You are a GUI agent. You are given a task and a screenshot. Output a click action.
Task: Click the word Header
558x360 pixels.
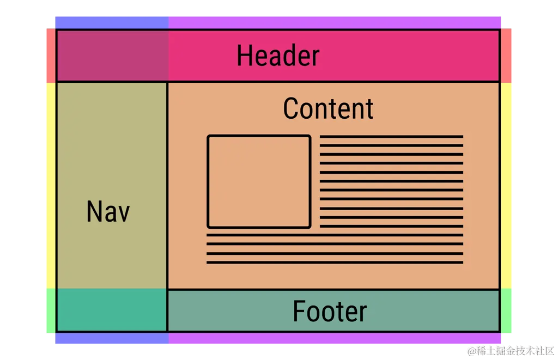[x=278, y=56]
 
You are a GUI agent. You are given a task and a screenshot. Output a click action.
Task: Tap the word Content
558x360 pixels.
[x=328, y=108]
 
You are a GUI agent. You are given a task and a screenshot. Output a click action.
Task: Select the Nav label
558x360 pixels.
[x=108, y=211]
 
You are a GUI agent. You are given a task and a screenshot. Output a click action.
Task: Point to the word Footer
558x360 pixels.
[x=330, y=311]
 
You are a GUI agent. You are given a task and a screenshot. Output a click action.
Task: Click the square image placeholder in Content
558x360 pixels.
[x=259, y=181]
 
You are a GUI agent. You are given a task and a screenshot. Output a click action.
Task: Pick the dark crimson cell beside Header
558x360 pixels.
[x=112, y=56]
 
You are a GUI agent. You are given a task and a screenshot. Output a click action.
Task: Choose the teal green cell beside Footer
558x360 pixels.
[x=112, y=310]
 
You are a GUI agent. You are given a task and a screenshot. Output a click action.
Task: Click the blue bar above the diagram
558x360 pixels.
[x=112, y=22]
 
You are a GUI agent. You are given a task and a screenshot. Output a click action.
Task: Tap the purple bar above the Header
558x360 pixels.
[x=334, y=22]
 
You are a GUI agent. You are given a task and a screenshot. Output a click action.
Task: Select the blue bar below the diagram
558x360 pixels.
[x=112, y=338]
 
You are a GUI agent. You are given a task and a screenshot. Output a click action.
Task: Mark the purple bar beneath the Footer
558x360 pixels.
[x=334, y=338]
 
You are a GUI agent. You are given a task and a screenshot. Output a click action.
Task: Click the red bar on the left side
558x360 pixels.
[x=50, y=55]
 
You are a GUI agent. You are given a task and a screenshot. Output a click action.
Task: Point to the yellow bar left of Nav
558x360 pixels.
[x=50, y=185]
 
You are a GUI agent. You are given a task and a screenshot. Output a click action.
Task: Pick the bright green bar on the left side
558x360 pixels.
[x=50, y=310]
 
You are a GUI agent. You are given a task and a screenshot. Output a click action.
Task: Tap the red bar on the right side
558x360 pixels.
[x=506, y=55]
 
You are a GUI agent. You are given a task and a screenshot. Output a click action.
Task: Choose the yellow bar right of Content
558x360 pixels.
[x=506, y=185]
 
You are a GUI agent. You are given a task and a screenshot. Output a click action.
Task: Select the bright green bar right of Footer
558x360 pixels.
[x=506, y=310]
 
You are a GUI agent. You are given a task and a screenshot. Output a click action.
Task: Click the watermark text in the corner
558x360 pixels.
[x=510, y=350]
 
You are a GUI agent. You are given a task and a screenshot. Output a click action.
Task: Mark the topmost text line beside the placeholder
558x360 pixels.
[x=391, y=136]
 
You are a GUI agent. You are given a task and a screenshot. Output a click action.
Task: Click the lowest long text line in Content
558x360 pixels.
[x=335, y=263]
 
